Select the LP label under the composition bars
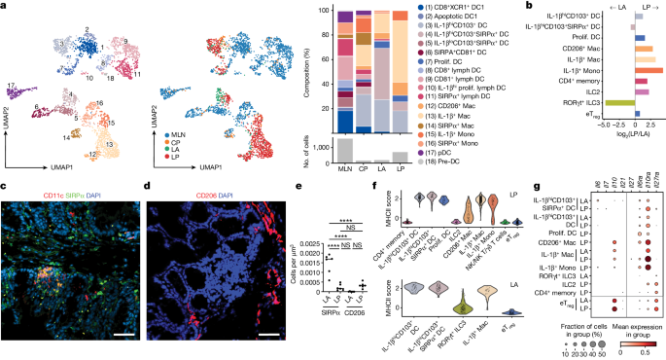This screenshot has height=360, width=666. coord(398,170)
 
